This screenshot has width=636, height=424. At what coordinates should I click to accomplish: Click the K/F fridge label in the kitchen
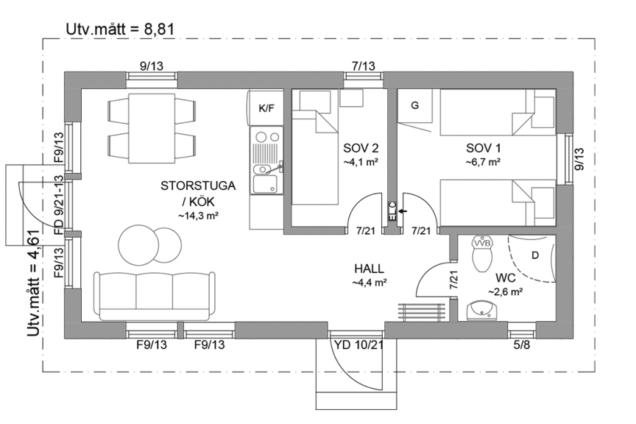click(x=266, y=108)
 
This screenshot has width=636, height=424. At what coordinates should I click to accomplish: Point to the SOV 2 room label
click(x=361, y=148)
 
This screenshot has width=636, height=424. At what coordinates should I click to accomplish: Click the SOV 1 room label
click(x=483, y=148)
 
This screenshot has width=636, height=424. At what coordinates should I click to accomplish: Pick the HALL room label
click(x=369, y=269)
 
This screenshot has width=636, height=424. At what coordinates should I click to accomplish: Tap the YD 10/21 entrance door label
click(x=358, y=345)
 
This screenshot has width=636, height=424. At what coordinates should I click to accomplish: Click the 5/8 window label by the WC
click(x=522, y=345)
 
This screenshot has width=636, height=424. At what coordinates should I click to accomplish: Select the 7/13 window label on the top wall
click(x=364, y=66)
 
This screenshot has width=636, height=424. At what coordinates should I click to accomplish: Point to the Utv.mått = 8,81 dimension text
click(x=120, y=29)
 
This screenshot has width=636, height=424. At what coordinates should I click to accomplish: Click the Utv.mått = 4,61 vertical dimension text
click(x=34, y=283)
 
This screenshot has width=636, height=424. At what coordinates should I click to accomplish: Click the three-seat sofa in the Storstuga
click(x=155, y=295)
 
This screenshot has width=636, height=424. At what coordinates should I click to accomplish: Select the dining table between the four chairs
click(x=152, y=128)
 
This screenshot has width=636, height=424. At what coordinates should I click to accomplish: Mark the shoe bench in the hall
click(x=422, y=312)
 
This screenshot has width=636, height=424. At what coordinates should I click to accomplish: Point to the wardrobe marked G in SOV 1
click(x=415, y=106)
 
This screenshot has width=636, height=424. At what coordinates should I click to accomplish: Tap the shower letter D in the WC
click(x=535, y=255)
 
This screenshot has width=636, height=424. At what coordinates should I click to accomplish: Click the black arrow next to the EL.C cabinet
click(x=403, y=211)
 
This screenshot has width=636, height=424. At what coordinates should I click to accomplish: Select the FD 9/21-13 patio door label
click(x=59, y=205)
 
